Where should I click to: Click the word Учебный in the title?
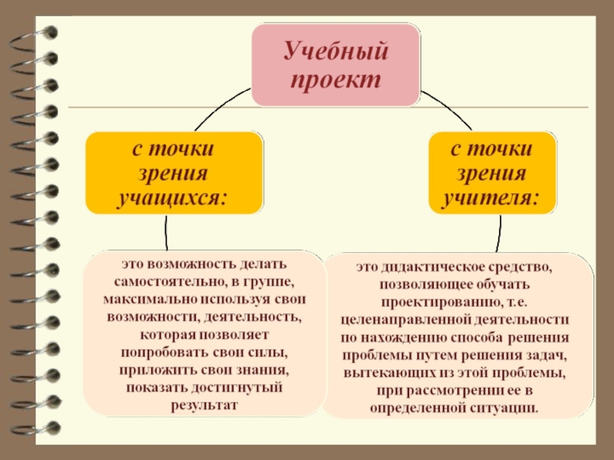click(337, 53)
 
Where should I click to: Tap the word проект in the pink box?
click(337, 80)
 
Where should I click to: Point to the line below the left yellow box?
click(165, 233)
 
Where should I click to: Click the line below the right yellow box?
click(500, 233)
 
